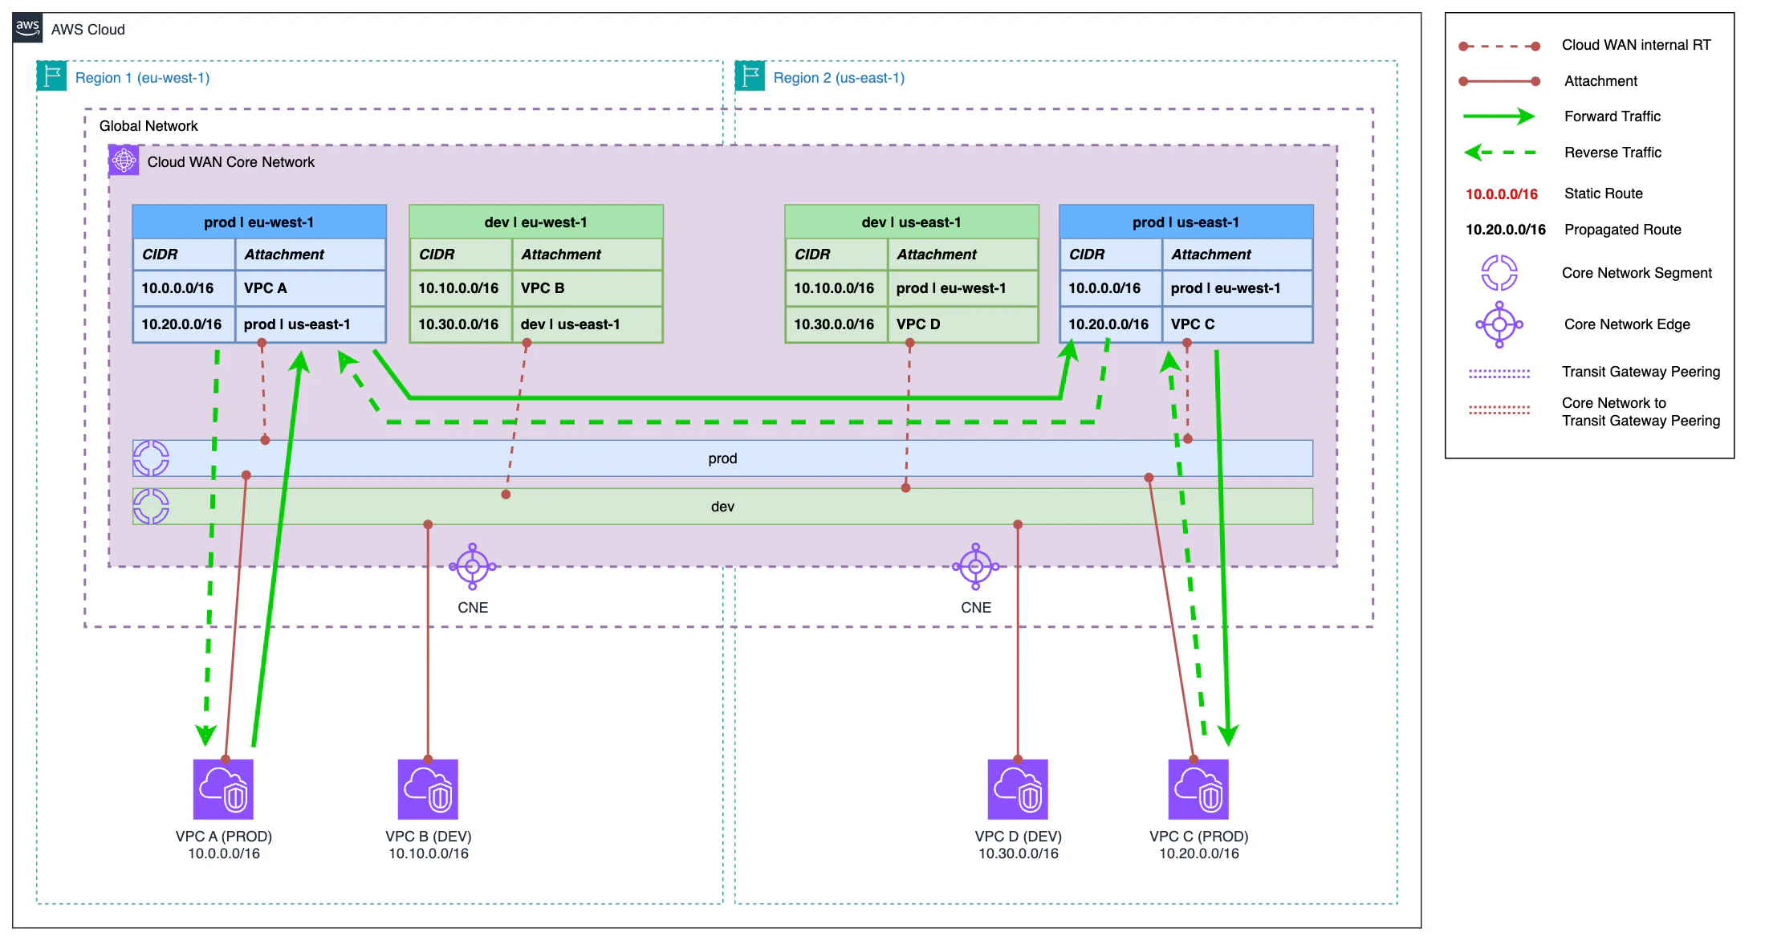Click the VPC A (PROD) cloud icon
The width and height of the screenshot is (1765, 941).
[223, 789]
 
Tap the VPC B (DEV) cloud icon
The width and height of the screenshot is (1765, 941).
[428, 789]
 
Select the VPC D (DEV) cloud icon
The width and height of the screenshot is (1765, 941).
[1018, 789]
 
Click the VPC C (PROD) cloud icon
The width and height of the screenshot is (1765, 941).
[1198, 789]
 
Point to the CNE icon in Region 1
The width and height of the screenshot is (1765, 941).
[473, 567]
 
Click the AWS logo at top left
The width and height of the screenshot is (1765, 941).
[27, 28]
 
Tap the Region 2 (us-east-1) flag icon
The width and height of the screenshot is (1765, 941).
[750, 76]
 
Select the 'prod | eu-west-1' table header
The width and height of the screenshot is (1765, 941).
[259, 222]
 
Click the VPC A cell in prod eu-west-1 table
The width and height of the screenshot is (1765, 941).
[310, 288]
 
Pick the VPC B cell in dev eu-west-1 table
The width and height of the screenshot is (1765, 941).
[587, 288]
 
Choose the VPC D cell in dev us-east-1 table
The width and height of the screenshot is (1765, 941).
[962, 324]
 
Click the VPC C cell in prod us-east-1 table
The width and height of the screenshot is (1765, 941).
[1237, 324]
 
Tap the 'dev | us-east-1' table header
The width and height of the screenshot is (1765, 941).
[911, 222]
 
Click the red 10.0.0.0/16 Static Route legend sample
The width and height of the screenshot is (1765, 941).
[1501, 193]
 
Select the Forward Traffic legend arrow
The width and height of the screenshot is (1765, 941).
[1498, 116]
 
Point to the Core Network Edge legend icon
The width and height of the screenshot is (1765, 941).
[1499, 324]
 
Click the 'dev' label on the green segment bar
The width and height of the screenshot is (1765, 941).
[722, 507]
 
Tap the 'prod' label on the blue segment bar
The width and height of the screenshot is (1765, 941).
[722, 458]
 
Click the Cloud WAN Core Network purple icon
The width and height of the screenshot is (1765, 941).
[124, 161]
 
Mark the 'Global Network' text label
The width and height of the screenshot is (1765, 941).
[148, 126]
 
